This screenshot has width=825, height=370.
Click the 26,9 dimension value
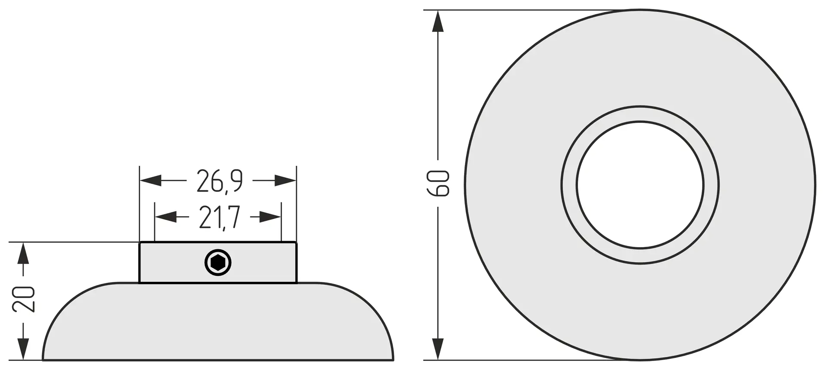pyautogui.click(x=220, y=181)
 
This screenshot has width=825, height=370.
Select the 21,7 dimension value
pyautogui.click(x=219, y=218)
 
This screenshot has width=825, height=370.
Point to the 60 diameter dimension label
pyautogui.click(x=438, y=183)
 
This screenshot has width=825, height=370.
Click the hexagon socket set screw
pyautogui.click(x=218, y=263)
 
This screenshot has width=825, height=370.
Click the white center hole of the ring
pyautogui.click(x=640, y=185)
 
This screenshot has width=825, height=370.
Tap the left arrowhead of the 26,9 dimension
pyautogui.click(x=150, y=180)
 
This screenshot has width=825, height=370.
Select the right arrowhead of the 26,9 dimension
pyautogui.click(x=285, y=180)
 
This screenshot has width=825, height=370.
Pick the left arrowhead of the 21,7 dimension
pyautogui.click(x=165, y=217)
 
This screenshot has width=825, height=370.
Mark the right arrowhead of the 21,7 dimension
pyautogui.click(x=270, y=217)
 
